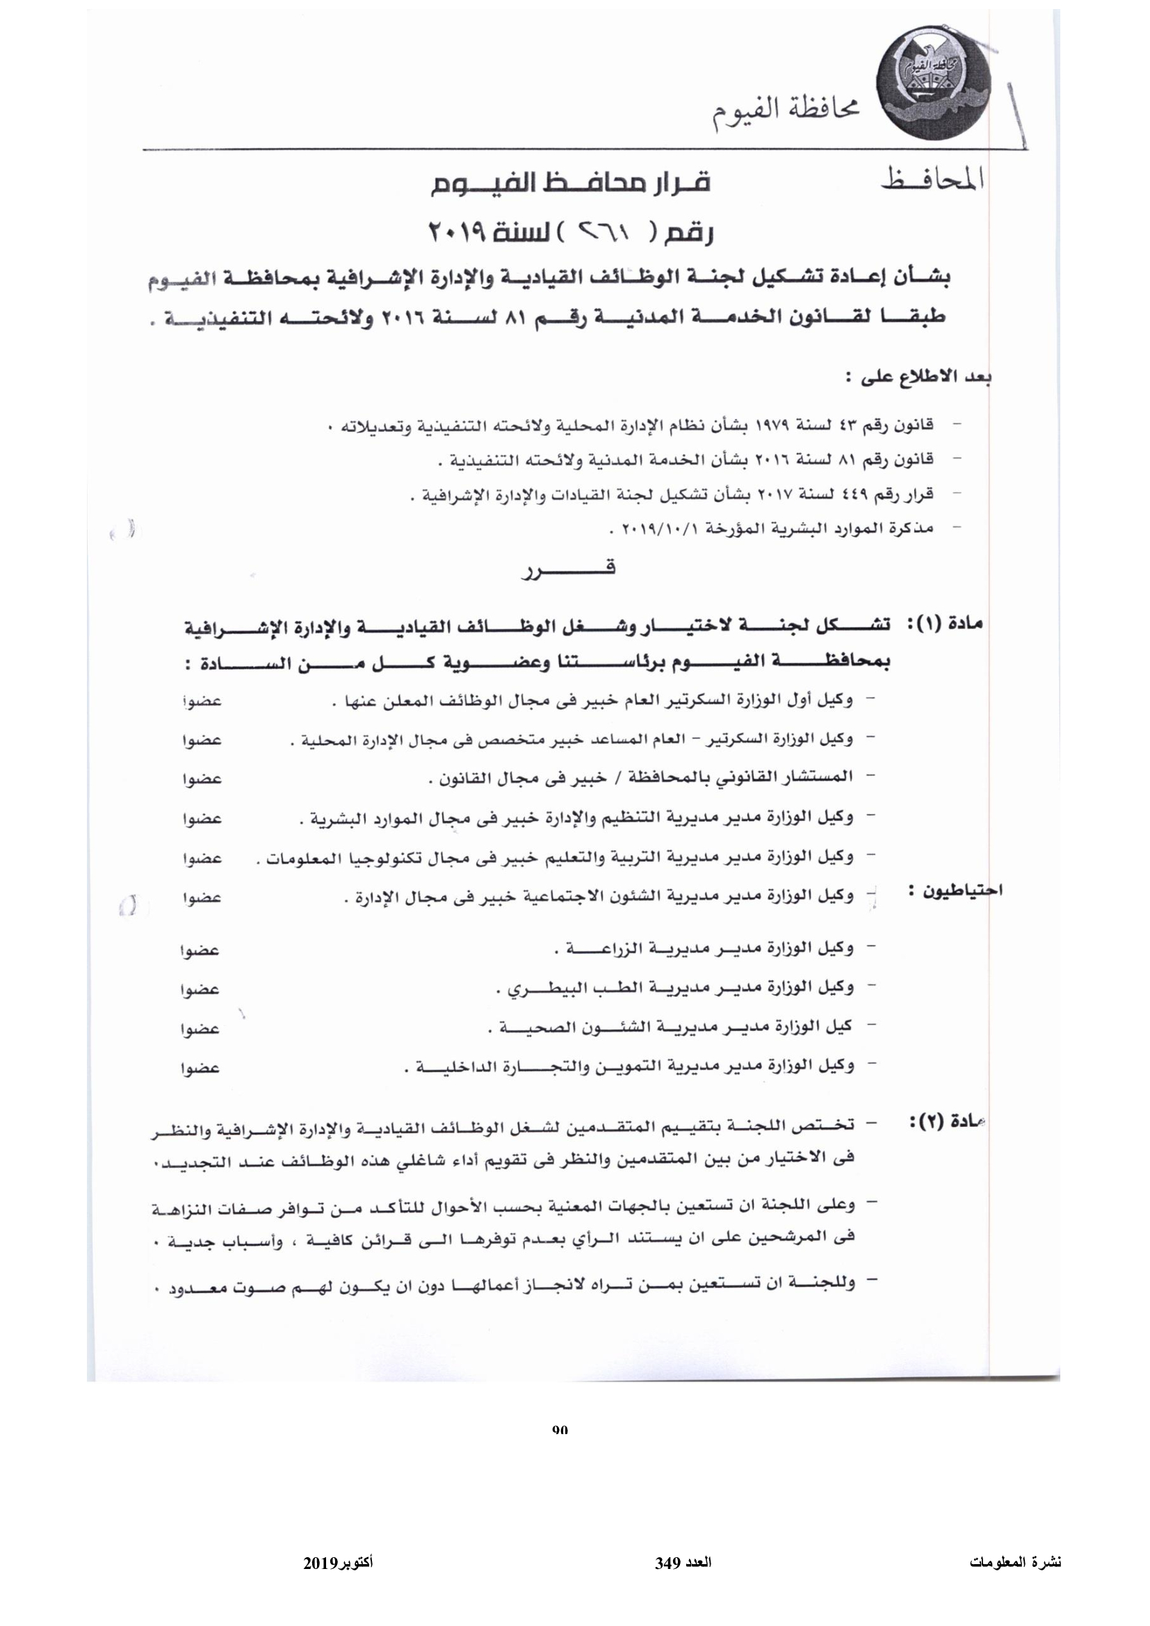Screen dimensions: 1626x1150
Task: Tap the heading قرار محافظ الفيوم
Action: (570, 184)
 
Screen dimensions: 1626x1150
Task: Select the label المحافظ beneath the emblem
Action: (932, 181)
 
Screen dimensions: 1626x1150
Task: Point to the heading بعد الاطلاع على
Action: (920, 377)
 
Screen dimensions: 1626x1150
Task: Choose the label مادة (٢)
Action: (948, 1123)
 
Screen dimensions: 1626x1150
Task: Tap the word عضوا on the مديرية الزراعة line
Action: (200, 951)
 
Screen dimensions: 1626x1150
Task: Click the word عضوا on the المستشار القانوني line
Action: (202, 779)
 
